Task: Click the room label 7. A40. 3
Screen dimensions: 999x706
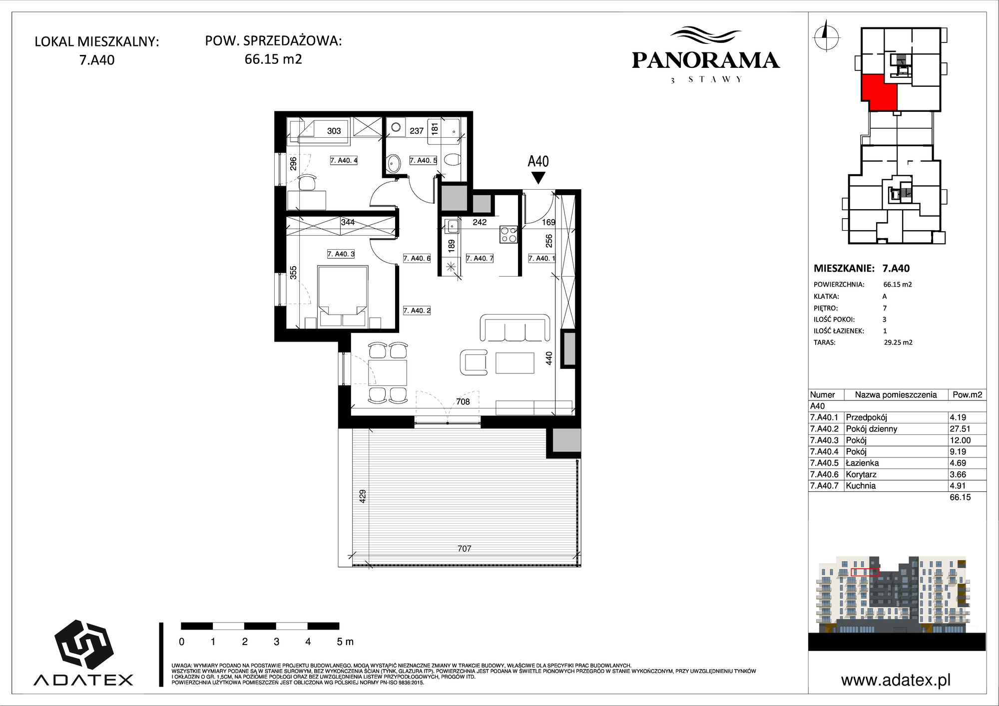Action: point(341,254)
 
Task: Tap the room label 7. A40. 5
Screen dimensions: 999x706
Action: point(423,160)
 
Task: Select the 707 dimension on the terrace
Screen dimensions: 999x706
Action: point(465,549)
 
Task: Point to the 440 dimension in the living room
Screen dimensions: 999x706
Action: point(549,358)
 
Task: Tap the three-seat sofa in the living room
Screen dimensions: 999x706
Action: point(514,328)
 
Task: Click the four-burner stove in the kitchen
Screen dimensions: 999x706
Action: point(509,234)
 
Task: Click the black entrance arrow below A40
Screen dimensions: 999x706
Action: point(538,178)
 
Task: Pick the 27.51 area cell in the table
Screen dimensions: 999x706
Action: point(960,429)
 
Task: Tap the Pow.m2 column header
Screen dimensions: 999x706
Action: point(968,394)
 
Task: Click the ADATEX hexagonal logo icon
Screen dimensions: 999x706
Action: point(83,645)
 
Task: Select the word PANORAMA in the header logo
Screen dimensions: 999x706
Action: point(706,60)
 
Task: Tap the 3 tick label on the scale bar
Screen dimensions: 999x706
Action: point(276,642)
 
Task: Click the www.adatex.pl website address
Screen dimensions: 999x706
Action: point(896,680)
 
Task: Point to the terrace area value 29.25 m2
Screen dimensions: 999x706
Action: point(898,343)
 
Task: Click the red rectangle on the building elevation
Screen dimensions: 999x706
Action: point(865,572)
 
